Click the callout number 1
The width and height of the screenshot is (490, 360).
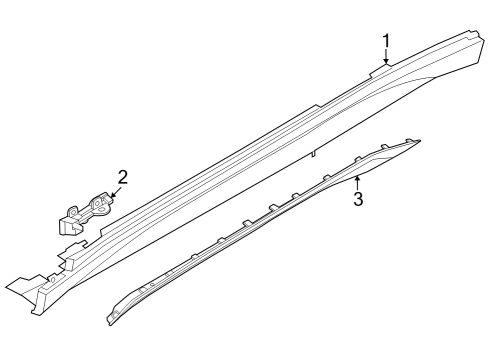tap(386, 40)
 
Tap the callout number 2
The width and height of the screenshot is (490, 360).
tap(122, 179)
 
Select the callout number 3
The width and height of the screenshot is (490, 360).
tap(357, 198)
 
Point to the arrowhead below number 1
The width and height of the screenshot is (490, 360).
tap(386, 64)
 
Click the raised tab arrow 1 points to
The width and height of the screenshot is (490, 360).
tap(384, 69)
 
